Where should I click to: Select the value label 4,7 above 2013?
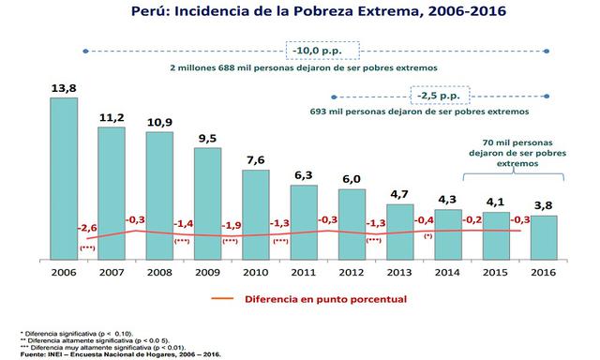pos(399,194)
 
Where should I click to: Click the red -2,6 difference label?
pos(88,227)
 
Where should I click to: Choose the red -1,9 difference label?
pos(231,225)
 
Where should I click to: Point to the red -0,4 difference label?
pos(424,220)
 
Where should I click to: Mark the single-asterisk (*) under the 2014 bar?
pos(427,237)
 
